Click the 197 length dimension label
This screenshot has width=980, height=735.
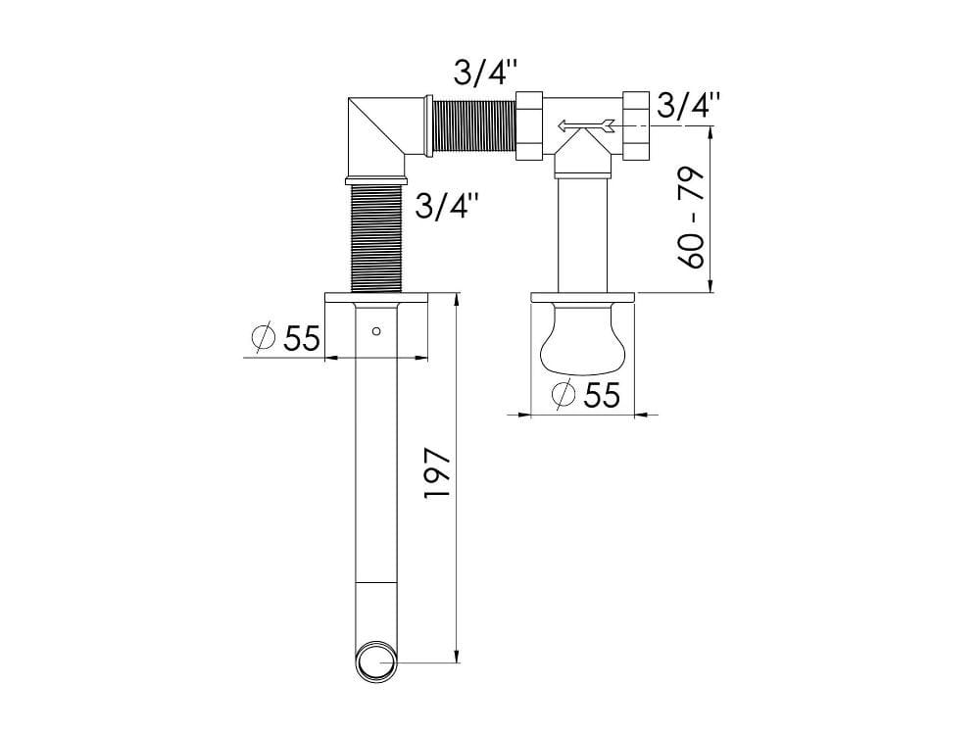click(x=437, y=472)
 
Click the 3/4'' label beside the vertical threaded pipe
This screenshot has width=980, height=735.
click(x=448, y=205)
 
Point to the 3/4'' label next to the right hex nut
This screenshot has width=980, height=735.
click(x=689, y=105)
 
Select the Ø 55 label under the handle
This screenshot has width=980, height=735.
click(x=586, y=394)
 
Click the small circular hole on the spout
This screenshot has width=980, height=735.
click(x=376, y=331)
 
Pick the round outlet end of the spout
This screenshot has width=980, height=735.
click(x=377, y=661)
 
